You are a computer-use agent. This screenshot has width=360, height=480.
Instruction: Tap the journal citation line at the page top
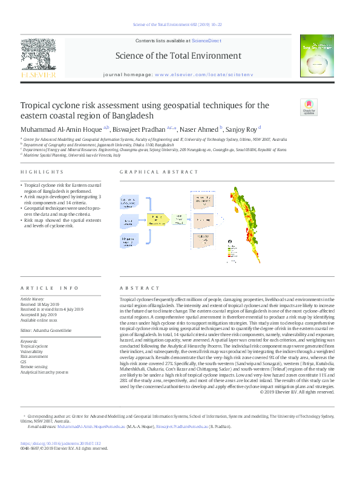click(180, 25)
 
